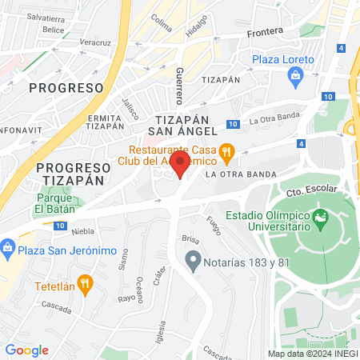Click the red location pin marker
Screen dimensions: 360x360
point(181,166)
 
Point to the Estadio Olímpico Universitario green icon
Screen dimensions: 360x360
point(322,217)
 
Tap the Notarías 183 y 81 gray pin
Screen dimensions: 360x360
point(192,260)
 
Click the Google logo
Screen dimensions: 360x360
point(26,350)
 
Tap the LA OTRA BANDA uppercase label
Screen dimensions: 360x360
point(240,174)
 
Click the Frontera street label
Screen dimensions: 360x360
point(265,30)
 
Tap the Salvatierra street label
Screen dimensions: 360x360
point(45,16)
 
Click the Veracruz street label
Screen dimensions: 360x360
point(95,42)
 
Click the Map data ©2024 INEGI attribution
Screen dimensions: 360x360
point(311,354)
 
